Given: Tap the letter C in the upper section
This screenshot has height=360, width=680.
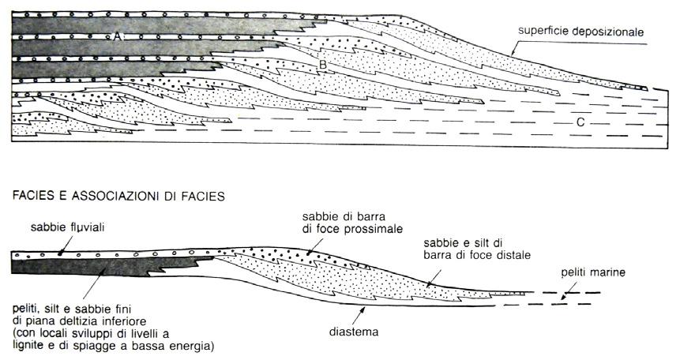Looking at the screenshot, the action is tap(580, 122).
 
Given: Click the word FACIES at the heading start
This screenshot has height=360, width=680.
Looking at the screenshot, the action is tap(36, 192).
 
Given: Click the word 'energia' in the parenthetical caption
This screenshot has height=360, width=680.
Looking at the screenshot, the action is tap(192, 346).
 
